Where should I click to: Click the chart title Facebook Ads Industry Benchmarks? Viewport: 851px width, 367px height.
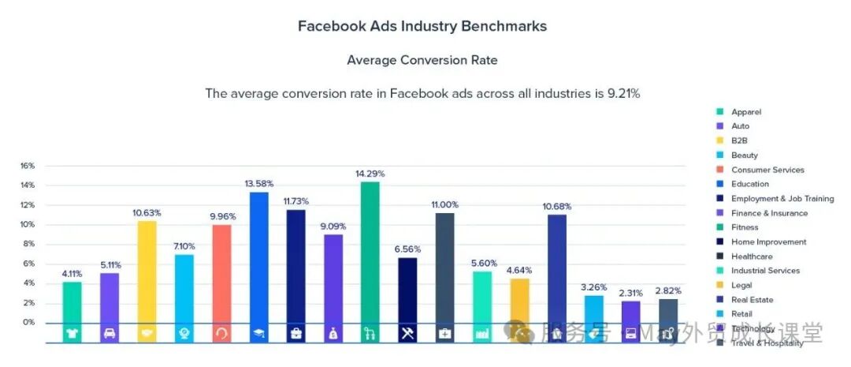click(422, 26)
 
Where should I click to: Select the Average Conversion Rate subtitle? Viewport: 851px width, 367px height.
click(422, 60)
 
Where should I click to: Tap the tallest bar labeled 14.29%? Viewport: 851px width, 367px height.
click(370, 253)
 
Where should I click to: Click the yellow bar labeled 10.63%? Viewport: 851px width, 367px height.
click(147, 272)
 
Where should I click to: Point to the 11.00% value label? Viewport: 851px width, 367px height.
click(444, 204)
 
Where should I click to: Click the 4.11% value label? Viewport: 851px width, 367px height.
click(72, 273)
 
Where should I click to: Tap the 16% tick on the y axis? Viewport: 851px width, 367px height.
click(28, 166)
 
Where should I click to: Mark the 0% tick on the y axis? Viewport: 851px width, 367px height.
click(29, 322)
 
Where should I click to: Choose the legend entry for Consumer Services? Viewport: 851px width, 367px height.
click(767, 170)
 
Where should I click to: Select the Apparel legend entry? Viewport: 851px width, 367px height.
click(745, 112)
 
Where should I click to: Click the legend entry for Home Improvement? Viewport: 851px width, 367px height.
click(768, 242)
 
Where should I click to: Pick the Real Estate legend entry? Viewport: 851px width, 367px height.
click(752, 300)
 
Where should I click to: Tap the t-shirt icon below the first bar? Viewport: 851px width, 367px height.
click(72, 334)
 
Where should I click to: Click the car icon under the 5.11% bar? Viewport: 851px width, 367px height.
click(110, 334)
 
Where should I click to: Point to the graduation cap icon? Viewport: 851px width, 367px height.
click(259, 334)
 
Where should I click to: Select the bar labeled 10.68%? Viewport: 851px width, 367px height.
click(557, 268)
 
